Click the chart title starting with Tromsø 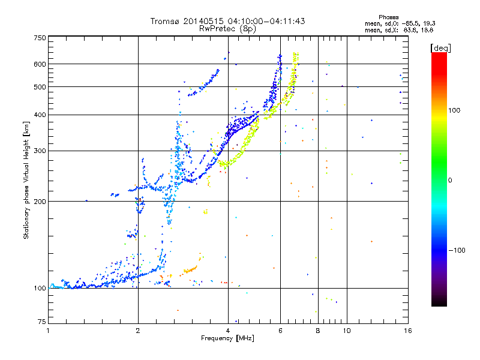[227, 21]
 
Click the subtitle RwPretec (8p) [228, 28]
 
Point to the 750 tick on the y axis [40, 38]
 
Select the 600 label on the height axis [40, 64]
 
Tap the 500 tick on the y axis [40, 87]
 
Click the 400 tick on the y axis [40, 115]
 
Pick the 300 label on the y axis [40, 151]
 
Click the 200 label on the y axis [40, 202]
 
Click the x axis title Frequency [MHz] [228, 338]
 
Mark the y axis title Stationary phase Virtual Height [26, 180]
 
